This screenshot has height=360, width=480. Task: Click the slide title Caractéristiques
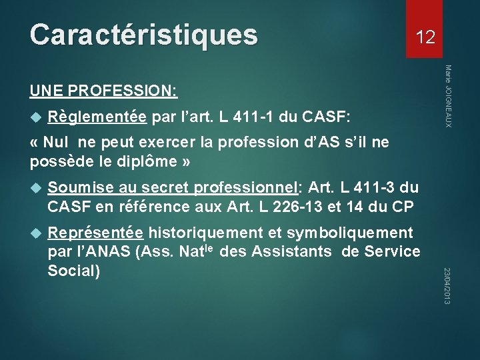(x=143, y=35)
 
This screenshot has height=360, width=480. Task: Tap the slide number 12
(x=425, y=37)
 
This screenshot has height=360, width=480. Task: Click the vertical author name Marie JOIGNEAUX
(x=449, y=96)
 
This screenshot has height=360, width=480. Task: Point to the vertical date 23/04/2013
(x=448, y=286)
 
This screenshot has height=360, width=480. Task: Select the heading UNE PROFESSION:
(x=103, y=89)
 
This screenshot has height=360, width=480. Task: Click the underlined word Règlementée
(x=97, y=117)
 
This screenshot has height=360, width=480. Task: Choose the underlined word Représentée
(x=95, y=233)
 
